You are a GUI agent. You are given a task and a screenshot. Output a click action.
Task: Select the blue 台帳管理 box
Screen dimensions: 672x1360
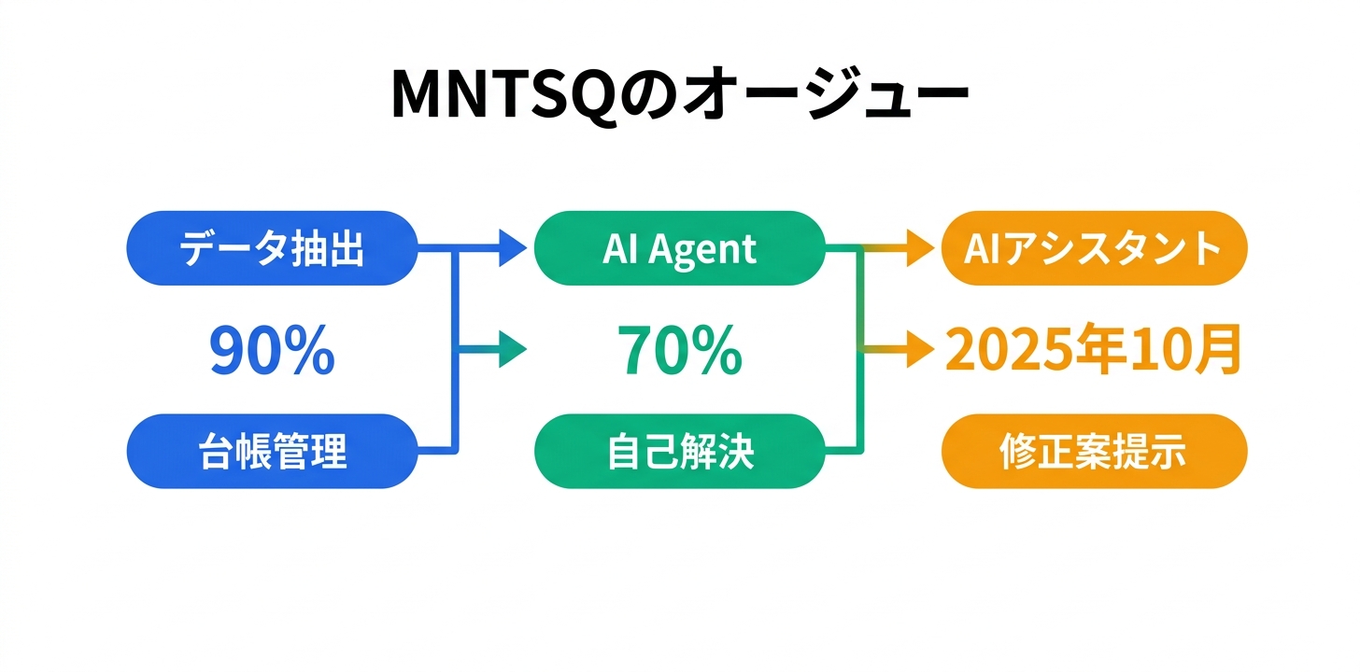point(271,452)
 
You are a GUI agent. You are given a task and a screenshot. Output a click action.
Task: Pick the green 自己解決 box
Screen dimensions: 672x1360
point(679,452)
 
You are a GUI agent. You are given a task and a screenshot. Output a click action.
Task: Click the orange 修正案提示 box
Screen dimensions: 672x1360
point(1094,452)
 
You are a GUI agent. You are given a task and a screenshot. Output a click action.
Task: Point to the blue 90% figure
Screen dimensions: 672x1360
point(271,352)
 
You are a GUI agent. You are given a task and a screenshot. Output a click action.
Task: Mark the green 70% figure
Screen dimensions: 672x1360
point(679,352)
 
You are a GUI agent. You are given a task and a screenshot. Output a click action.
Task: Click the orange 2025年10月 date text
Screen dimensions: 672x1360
point(1094,352)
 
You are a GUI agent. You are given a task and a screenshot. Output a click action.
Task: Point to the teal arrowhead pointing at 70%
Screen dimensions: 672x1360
point(514,351)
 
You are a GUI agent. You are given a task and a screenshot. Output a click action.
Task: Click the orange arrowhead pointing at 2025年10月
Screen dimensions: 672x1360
point(922,351)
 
